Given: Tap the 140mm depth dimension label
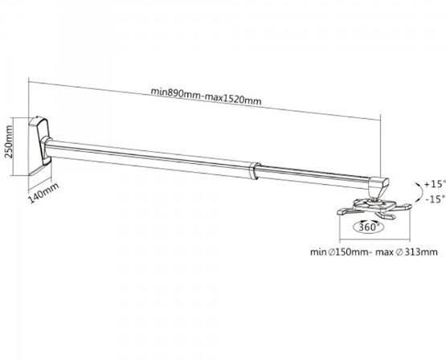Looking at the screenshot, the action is pyautogui.click(x=43, y=193).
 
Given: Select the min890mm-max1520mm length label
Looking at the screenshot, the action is pyautogui.click(x=206, y=96).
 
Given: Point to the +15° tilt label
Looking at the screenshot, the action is pyautogui.click(x=434, y=184).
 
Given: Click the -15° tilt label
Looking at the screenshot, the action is pyautogui.click(x=435, y=199).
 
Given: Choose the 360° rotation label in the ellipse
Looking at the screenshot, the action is pyautogui.click(x=369, y=227).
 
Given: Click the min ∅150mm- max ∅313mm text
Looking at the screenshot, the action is pyautogui.click(x=374, y=252).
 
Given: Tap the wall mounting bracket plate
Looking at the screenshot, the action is pyautogui.click(x=39, y=145).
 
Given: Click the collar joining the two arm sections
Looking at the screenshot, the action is pyautogui.click(x=254, y=171).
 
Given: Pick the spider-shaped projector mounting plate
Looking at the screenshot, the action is pyautogui.click(x=374, y=209).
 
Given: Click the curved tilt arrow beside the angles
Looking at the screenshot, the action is pyautogui.click(x=419, y=192).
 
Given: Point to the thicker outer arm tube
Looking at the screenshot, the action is pyautogui.click(x=148, y=158).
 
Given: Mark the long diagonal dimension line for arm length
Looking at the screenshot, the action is pyautogui.click(x=204, y=100).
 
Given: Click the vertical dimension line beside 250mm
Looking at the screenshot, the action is pyautogui.click(x=14, y=146).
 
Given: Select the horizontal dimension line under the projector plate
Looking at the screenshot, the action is pyautogui.click(x=374, y=239).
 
